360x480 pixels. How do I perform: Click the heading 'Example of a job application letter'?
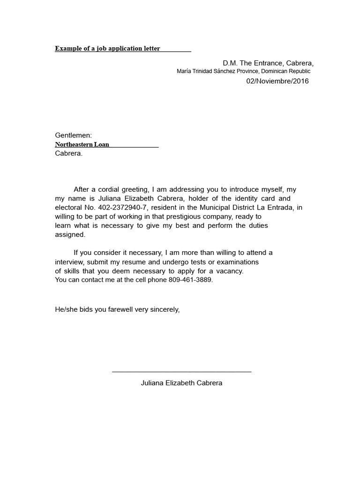107,48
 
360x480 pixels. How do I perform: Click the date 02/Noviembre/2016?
277,81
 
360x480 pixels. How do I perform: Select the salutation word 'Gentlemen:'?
74,135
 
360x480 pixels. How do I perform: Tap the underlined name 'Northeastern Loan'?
82,144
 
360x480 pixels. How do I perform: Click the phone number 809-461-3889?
192,280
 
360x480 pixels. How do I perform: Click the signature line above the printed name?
181,372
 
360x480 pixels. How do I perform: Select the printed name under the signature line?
181,383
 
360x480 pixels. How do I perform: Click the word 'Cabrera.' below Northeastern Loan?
68,153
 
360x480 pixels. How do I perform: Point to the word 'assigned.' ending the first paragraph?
70,235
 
